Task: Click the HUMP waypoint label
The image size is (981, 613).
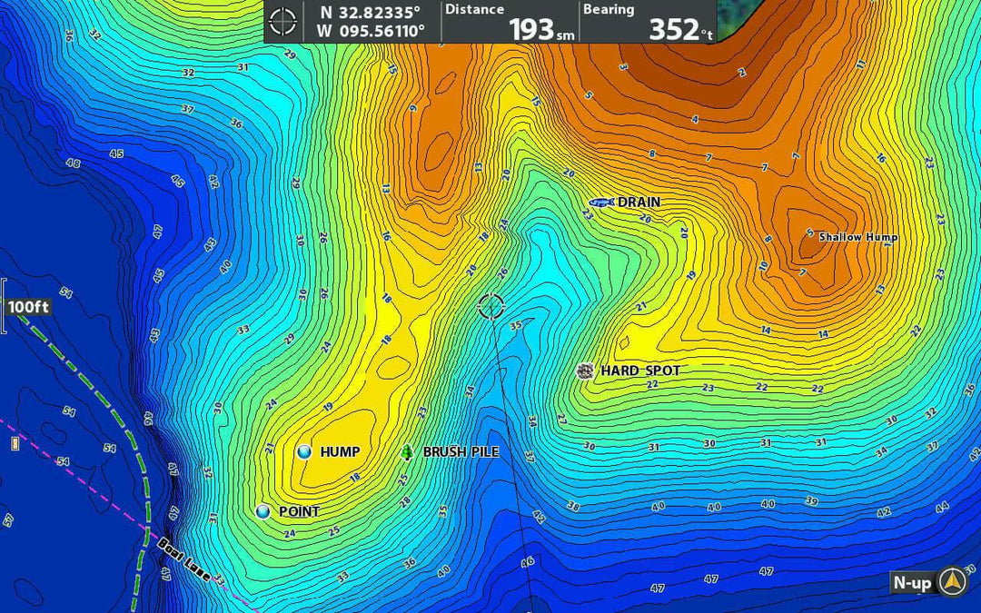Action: (x=340, y=452)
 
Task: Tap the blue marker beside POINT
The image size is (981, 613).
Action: (x=263, y=512)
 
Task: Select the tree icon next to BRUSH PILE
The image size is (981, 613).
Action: (x=407, y=452)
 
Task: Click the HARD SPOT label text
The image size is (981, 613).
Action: (x=640, y=371)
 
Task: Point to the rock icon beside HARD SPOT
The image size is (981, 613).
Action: (x=586, y=371)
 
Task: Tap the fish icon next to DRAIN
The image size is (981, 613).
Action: (x=601, y=203)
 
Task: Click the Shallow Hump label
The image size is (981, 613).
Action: (x=858, y=237)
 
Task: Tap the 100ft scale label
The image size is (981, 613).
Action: (x=28, y=307)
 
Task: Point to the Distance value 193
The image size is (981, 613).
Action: (x=531, y=30)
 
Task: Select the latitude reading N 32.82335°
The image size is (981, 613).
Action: (x=370, y=13)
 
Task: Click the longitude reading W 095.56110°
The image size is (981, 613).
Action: (x=370, y=31)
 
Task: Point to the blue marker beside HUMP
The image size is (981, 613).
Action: (x=304, y=451)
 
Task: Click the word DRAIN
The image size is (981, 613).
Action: (x=639, y=203)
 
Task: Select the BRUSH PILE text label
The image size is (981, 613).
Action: (x=461, y=452)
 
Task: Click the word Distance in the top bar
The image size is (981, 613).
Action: (x=474, y=9)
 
